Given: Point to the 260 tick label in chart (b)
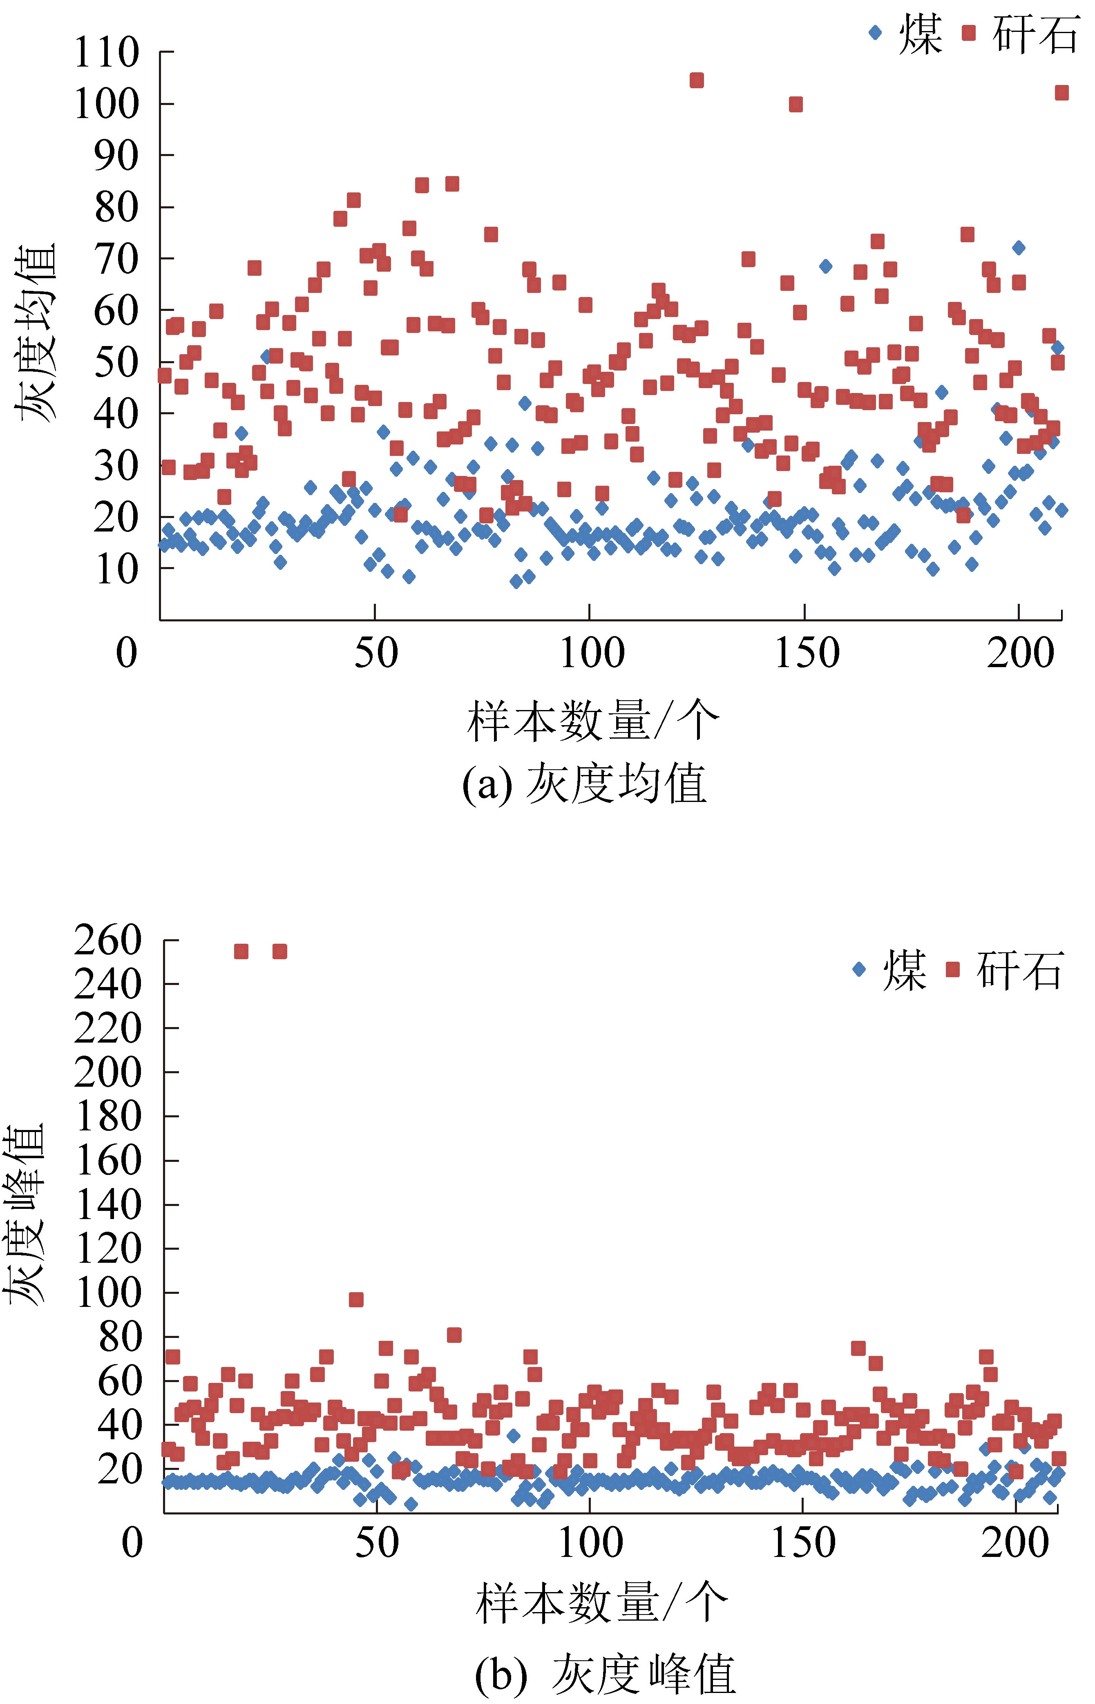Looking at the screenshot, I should tap(108, 940).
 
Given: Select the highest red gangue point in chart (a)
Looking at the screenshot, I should tap(697, 80).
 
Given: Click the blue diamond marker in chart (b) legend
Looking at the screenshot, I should tap(859, 969).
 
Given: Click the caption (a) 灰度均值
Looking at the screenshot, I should tap(584, 784).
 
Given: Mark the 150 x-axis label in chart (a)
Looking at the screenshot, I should tap(806, 652).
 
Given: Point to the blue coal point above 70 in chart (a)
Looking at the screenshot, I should tap(1019, 248).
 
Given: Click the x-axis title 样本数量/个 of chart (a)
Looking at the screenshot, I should tap(593, 721).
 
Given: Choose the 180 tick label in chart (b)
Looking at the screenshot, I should tap(108, 1117).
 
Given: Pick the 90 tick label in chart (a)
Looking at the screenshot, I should tap(116, 156).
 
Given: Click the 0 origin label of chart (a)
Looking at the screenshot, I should tap(127, 652).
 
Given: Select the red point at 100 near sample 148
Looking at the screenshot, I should tap(796, 105).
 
